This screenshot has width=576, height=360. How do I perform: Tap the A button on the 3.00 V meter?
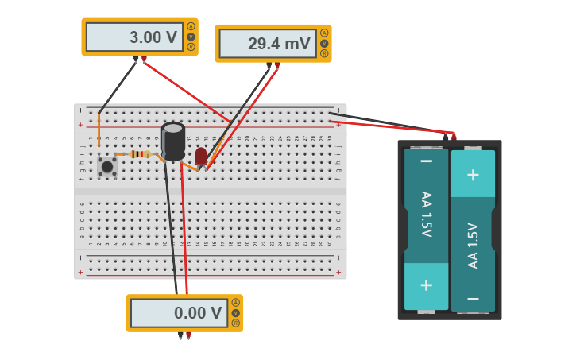pyautogui.click(x=191, y=26)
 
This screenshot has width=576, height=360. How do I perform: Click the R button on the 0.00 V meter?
pyautogui.click(x=236, y=323)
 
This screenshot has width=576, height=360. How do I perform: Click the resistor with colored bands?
pyautogui.click(x=139, y=154)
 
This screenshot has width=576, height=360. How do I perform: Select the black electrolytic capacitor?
pyautogui.click(x=173, y=141)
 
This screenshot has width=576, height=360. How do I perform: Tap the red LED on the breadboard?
pyautogui.click(x=201, y=156)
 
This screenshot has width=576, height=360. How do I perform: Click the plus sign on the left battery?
pyautogui.click(x=426, y=285)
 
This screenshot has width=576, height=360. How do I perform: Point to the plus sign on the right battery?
pyautogui.click(x=473, y=174)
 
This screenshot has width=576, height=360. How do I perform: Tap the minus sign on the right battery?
pyautogui.click(x=473, y=299)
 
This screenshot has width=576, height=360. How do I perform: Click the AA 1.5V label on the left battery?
pyautogui.click(x=426, y=215)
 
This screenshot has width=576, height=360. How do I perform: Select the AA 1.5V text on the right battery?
pyautogui.click(x=473, y=245)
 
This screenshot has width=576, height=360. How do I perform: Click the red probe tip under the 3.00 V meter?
pyautogui.click(x=144, y=60)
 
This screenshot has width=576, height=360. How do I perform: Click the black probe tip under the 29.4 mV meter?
pyautogui.click(x=269, y=66)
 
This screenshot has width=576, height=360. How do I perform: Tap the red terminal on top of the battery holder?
pyautogui.click(x=454, y=137)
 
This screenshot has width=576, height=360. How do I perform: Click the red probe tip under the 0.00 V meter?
pyautogui.click(x=188, y=336)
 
